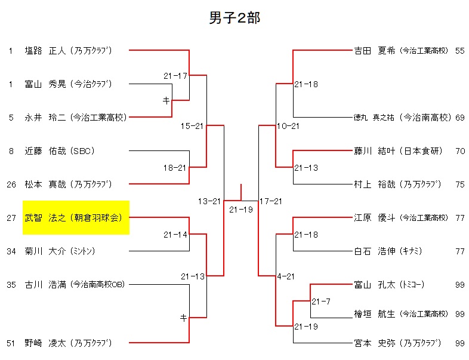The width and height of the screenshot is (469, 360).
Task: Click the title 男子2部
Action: click(234, 18)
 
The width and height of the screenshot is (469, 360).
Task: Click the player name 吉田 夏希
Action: click(374, 51)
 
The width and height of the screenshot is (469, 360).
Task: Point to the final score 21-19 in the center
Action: click(242, 210)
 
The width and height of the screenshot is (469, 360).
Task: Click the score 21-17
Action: click(175, 76)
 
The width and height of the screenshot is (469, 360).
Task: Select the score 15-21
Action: click(193, 126)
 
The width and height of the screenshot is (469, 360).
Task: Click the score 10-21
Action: click(288, 126)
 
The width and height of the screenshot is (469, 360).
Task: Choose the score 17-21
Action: click(271, 201)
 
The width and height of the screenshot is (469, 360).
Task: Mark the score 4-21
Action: click(286, 276)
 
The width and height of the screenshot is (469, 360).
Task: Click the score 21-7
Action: click(321, 301)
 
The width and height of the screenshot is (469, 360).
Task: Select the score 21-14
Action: click(175, 235)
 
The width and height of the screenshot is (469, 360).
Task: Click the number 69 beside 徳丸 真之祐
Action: click(459, 118)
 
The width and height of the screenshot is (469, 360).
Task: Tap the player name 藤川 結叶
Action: click(374, 151)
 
